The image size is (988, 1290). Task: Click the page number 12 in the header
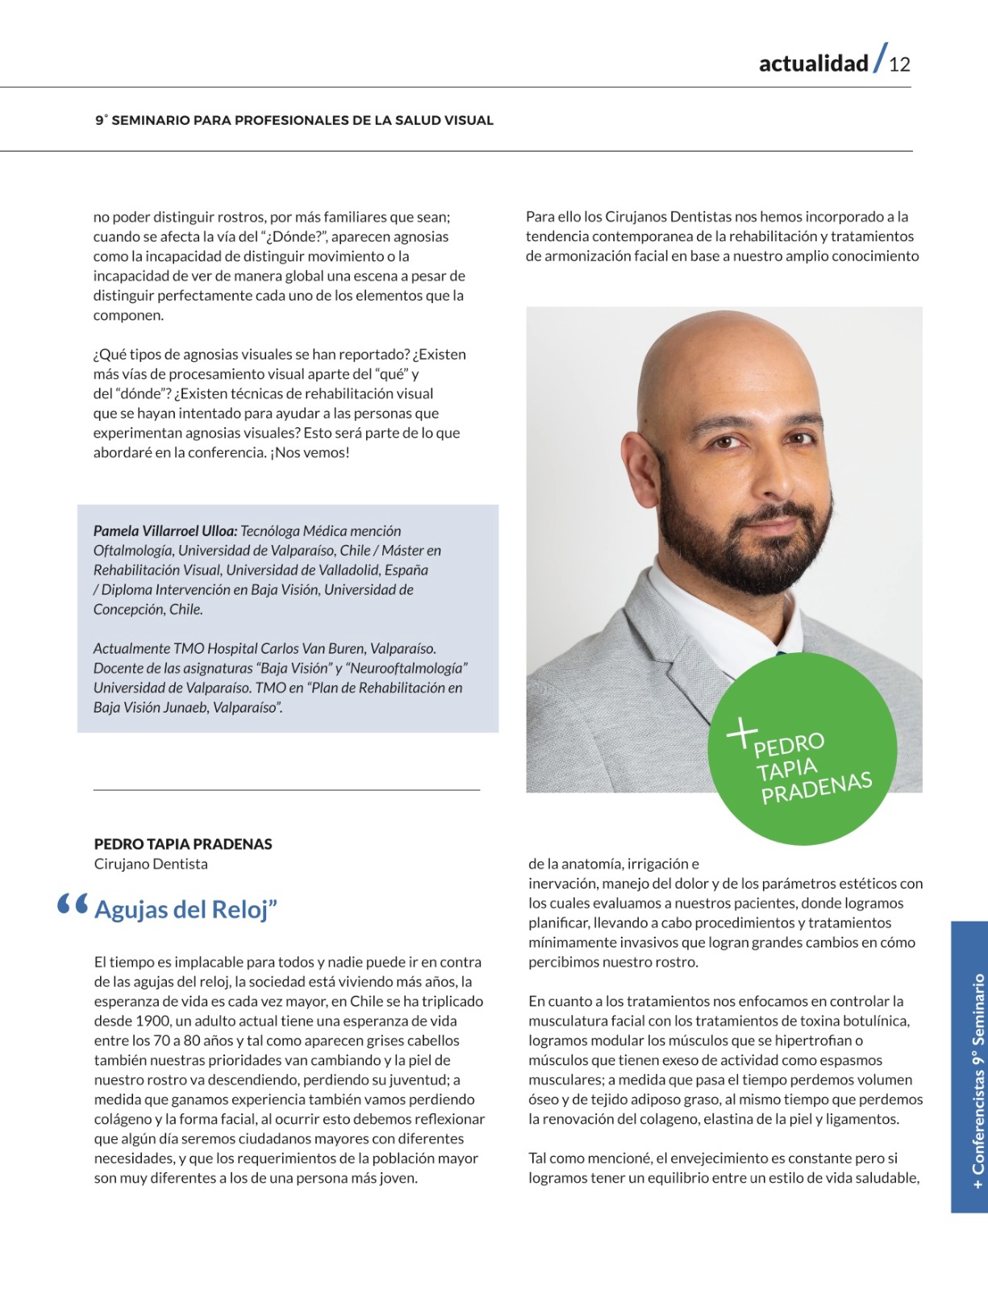899,64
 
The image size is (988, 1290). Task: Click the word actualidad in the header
813,64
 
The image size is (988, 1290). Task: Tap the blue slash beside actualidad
880,58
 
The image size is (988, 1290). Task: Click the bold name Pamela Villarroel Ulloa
165,531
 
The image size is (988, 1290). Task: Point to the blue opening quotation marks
73,905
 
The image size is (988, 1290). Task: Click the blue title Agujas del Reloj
186,909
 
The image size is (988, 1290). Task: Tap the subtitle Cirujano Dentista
151,864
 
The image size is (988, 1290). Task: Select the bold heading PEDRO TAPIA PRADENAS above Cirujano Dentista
183,844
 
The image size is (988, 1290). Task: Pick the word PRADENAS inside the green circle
816,788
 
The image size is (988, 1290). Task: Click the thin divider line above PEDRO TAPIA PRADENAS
286,790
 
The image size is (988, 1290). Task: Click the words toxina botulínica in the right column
854,1022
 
